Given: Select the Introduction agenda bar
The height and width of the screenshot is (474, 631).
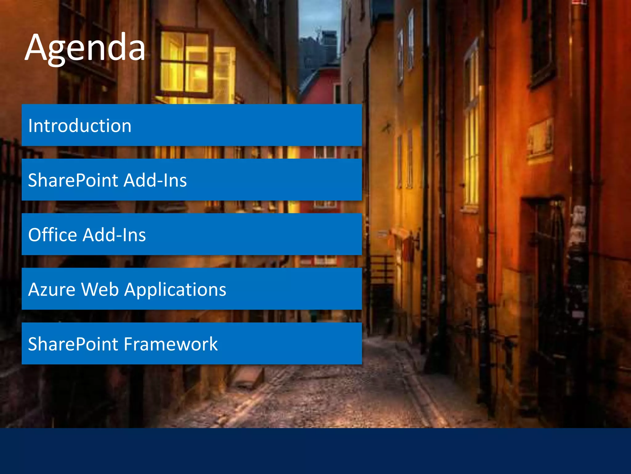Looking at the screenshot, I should (192, 125).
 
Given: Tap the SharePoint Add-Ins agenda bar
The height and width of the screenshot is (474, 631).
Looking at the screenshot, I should (192, 180).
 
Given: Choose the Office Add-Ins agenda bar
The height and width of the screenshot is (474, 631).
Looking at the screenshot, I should (192, 235).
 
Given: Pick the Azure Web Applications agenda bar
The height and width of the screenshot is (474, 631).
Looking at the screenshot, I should (192, 289).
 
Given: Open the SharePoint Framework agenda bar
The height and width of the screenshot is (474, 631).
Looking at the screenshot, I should (192, 344).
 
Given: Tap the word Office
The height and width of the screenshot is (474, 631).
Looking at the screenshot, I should (52, 235).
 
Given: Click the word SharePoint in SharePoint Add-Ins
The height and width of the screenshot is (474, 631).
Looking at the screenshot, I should (73, 180).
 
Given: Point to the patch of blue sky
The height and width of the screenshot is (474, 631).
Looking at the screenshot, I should (319, 15).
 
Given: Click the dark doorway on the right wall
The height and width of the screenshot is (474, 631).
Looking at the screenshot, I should (548, 278).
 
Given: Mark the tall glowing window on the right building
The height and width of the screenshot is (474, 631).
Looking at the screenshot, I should (471, 130).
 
